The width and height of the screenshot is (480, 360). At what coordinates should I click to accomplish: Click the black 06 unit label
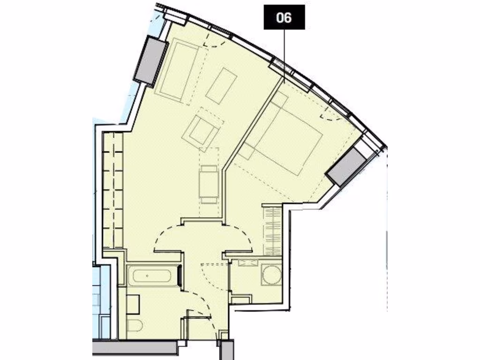coord(284,18)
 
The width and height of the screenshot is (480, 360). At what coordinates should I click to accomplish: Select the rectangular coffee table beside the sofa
coord(221,86)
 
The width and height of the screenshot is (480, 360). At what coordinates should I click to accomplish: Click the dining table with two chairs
coord(209,183)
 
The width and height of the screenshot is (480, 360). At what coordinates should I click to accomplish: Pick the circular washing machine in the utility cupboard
coord(270,276)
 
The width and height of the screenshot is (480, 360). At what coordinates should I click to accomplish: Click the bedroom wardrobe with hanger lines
coord(271,230)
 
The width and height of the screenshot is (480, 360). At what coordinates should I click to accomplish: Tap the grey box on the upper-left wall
coord(150,60)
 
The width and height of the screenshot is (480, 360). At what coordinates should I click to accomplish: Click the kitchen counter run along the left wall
coord(112,190)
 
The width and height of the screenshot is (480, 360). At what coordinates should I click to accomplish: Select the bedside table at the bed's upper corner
coord(280,99)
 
